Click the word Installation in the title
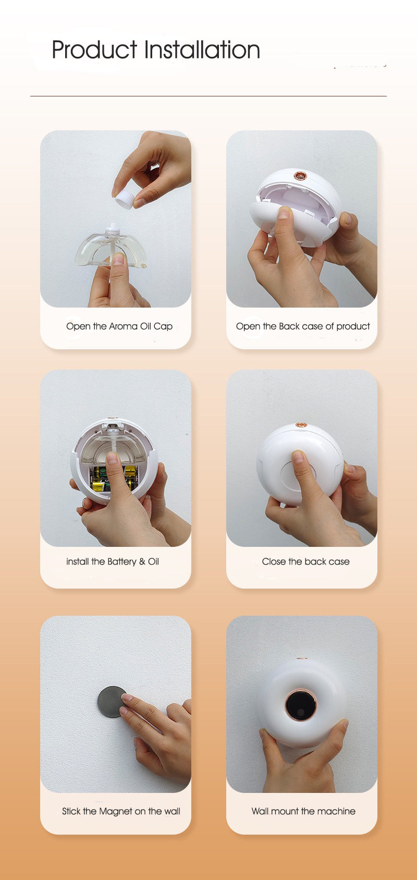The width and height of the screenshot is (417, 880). point(202,50)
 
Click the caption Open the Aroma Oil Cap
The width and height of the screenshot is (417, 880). point(119,326)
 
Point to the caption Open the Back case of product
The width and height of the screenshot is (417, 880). point(303,326)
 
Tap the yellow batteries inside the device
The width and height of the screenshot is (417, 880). point(99,479)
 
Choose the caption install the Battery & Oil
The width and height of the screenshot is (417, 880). point(113,561)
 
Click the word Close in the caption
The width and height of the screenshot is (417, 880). point(274,561)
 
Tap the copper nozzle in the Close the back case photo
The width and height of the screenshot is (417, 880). point(300,426)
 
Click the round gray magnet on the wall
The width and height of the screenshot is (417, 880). point(111,701)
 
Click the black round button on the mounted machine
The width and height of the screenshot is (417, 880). point(301,705)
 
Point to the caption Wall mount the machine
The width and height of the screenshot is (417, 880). point(303,811)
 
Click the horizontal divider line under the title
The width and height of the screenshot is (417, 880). point(208,96)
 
